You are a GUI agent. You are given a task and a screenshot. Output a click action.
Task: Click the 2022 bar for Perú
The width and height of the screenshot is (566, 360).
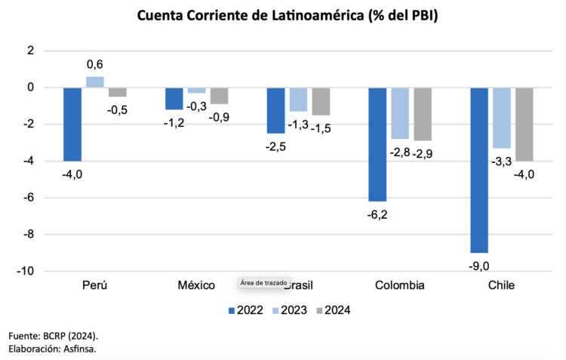coord(72,124)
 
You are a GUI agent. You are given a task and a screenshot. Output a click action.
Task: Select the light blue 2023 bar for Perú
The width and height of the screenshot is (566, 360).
coord(95,82)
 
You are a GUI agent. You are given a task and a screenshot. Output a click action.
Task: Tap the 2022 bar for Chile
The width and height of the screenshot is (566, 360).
coord(479,170)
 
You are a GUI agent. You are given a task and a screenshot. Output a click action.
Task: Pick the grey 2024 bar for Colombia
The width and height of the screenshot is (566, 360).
coord(423,114)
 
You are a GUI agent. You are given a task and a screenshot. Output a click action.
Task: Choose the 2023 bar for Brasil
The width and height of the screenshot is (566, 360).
coord(298,99)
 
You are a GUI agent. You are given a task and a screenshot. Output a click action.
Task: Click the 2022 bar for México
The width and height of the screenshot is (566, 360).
coord(174,98)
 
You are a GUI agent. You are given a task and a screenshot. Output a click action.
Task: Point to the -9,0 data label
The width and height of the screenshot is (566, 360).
coord(479,265)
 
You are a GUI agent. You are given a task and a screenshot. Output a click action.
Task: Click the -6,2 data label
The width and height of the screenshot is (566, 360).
coord(377,214)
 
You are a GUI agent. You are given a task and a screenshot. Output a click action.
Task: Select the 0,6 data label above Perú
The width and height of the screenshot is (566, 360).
coord(95,66)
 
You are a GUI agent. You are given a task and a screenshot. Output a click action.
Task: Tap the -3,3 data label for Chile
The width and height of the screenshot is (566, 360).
coord(502,161)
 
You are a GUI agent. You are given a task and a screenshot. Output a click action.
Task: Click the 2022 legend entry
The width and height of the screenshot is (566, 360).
coord(245,310)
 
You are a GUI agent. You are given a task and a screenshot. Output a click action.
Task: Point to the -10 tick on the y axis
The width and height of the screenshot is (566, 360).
coord(25,271)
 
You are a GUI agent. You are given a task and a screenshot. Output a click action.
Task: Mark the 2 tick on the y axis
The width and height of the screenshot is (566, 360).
coord(30,51)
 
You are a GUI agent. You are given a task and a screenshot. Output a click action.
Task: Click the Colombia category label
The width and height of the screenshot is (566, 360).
coord(399,285)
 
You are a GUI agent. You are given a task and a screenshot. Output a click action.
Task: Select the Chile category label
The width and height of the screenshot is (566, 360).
coord(501,285)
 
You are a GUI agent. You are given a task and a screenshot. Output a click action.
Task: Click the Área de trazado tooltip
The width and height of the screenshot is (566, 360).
coord(260,282)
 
